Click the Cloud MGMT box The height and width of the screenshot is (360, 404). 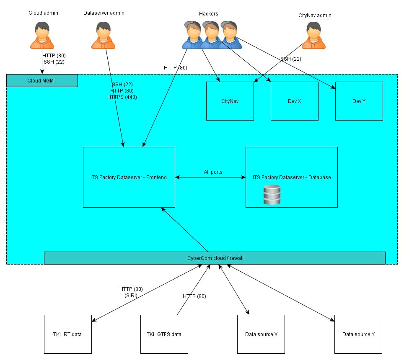(42, 81)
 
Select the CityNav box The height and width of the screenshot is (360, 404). (230, 101)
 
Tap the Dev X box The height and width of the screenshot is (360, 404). (294, 101)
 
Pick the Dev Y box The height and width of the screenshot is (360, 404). (359, 101)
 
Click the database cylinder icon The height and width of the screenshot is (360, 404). (272, 195)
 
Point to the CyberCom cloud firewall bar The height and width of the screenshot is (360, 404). (215, 258)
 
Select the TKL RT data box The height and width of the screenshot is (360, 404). (67, 334)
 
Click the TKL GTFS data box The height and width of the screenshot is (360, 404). (164, 334)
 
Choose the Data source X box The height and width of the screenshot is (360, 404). (261, 334)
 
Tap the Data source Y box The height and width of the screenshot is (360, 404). (358, 334)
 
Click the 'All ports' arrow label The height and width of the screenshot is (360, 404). (213, 172)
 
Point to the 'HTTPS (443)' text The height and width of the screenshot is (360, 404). (122, 97)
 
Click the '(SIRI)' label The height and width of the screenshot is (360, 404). (131, 295)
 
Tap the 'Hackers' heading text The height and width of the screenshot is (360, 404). (209, 13)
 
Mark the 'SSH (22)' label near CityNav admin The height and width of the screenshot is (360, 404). (290, 59)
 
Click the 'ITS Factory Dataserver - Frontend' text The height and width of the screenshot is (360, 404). (129, 177)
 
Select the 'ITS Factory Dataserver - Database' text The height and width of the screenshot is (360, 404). (292, 177)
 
